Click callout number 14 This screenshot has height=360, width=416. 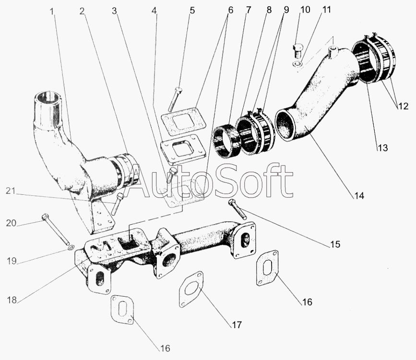(359, 196)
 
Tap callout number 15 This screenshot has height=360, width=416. (335, 244)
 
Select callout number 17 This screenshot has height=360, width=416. (236, 325)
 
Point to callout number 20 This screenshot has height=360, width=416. (11, 223)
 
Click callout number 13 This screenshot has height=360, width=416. (382, 148)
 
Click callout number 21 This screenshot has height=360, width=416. (11, 191)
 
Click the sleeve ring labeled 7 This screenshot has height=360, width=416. (226, 141)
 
